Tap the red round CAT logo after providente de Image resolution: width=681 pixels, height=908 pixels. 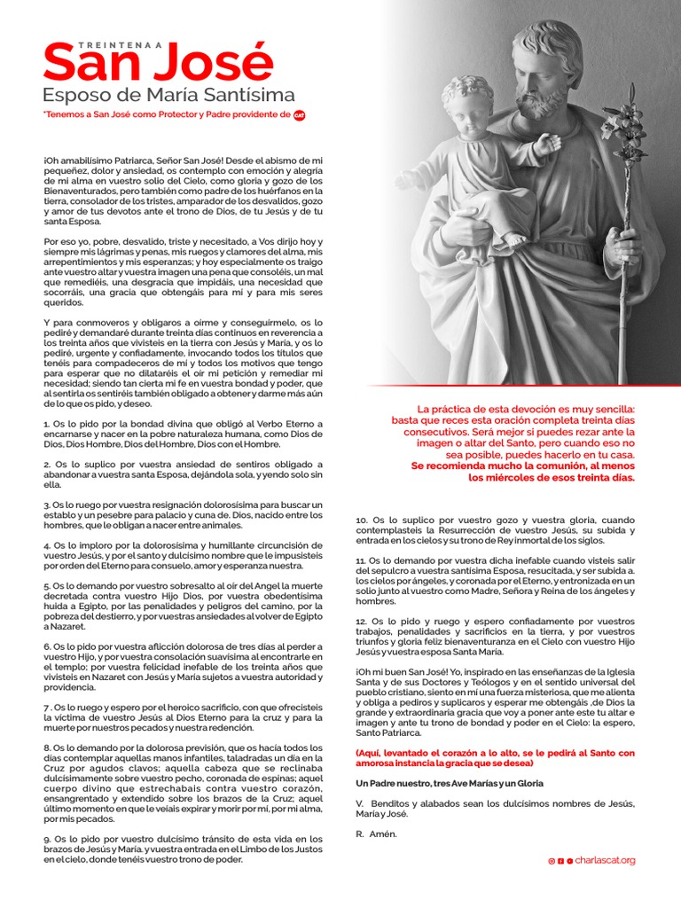click(299, 114)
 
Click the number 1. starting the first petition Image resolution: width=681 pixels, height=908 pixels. click(47, 425)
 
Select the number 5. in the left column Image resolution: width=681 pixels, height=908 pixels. click(47, 586)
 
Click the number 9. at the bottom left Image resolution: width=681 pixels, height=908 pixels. click(47, 839)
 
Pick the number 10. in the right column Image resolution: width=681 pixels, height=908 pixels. click(362, 520)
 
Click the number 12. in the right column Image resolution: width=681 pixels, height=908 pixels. click(362, 622)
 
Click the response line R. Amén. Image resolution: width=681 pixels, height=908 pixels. click(377, 834)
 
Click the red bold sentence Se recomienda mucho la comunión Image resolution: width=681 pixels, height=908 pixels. click(523, 466)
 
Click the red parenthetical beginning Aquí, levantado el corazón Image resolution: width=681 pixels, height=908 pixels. click(495, 757)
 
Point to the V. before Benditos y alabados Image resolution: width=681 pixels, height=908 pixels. click(359, 803)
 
